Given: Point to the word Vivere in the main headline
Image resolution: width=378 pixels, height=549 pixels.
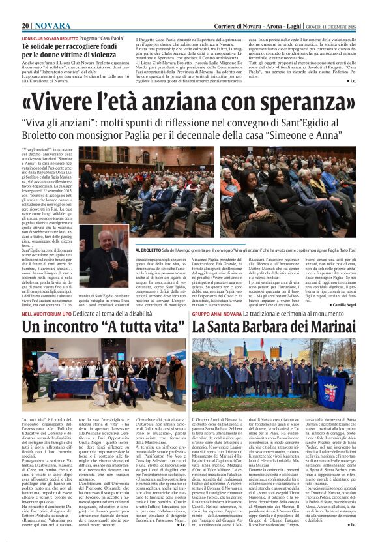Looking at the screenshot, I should click(70, 102).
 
